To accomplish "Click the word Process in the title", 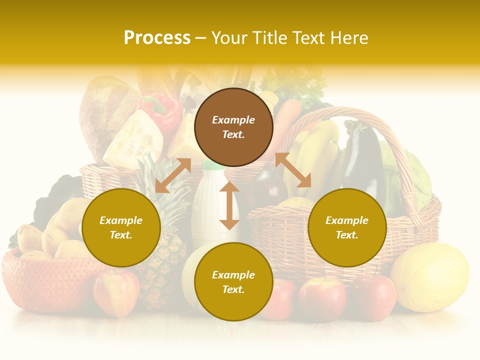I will [x=157, y=38].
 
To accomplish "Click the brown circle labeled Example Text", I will [x=233, y=127].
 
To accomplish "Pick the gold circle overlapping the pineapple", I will [x=121, y=228].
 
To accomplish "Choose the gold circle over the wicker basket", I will [x=347, y=228].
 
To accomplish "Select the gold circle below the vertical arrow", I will [x=233, y=282].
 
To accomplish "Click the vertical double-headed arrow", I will [x=229, y=205].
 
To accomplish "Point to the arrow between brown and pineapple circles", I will [x=173, y=175].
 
